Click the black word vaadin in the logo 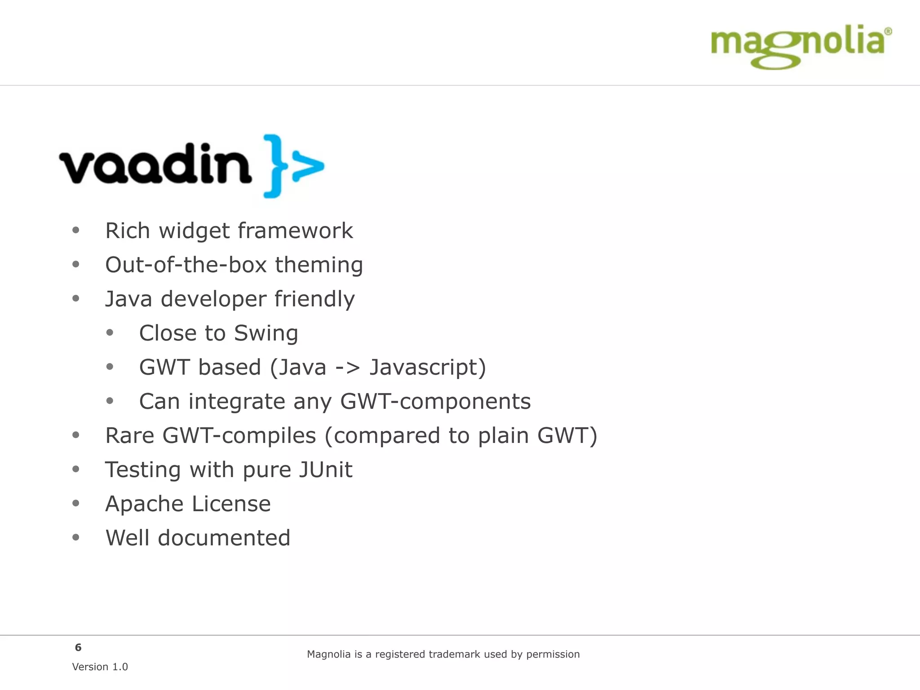[155, 164]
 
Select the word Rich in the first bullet [127, 231]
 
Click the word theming [319, 265]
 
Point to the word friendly [314, 299]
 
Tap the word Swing [266, 333]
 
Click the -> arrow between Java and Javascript [348, 367]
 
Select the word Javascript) [428, 367]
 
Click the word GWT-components [435, 402]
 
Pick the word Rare [129, 436]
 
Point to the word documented [224, 538]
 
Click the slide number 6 [78, 647]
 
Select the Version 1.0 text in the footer [100, 667]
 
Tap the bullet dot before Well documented [76, 537]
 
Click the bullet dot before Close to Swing [110, 333]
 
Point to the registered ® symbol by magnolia [888, 31]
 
